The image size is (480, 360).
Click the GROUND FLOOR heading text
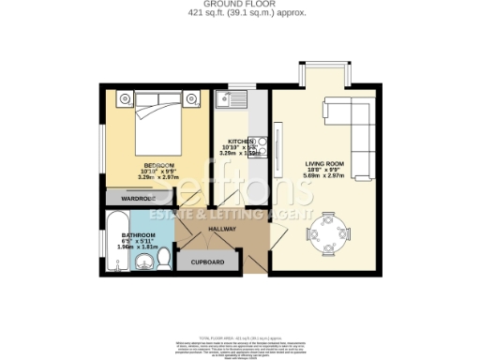(x=239, y=6)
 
